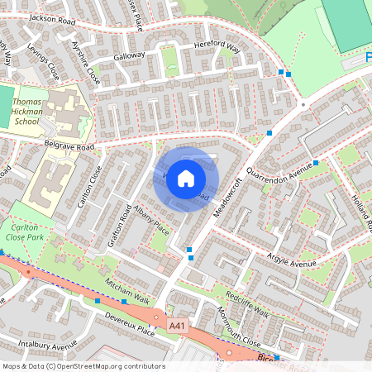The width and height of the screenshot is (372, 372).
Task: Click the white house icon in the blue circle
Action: point(186,179)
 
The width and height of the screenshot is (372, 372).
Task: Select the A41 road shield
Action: point(177,327)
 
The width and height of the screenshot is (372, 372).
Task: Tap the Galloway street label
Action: point(129,55)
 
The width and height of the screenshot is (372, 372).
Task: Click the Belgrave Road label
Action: point(70,146)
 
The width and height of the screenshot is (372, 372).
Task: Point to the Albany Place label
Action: point(151,217)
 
